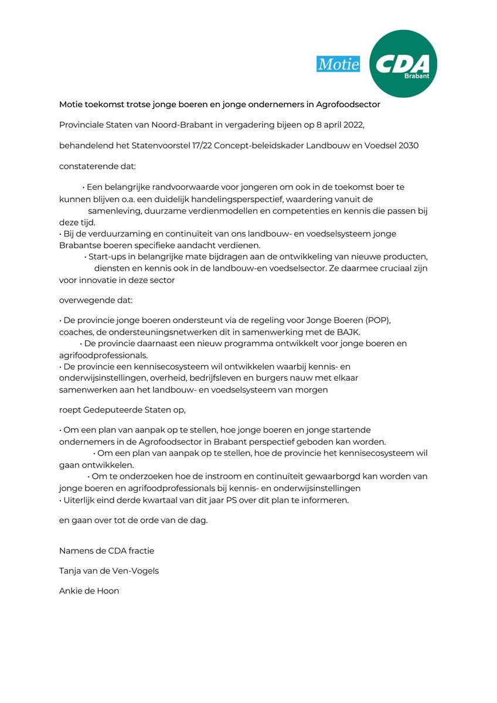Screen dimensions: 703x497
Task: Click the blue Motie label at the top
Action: pyautogui.click(x=338, y=64)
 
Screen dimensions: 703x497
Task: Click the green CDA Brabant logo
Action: pyautogui.click(x=403, y=64)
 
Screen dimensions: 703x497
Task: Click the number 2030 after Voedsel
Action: pyautogui.click(x=408, y=145)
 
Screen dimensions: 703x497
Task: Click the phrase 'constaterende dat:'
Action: pyautogui.click(x=97, y=166)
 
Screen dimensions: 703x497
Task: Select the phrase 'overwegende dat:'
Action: pyautogui.click(x=96, y=301)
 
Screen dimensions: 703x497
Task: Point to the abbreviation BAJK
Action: pyautogui.click(x=349, y=332)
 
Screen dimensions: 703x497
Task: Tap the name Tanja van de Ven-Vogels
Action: pyautogui.click(x=109, y=571)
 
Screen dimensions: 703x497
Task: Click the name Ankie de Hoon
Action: pyautogui.click(x=89, y=591)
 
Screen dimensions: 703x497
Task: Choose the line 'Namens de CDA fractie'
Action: pyautogui.click(x=107, y=551)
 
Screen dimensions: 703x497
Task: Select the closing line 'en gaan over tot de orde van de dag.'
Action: pyautogui.click(x=133, y=520)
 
